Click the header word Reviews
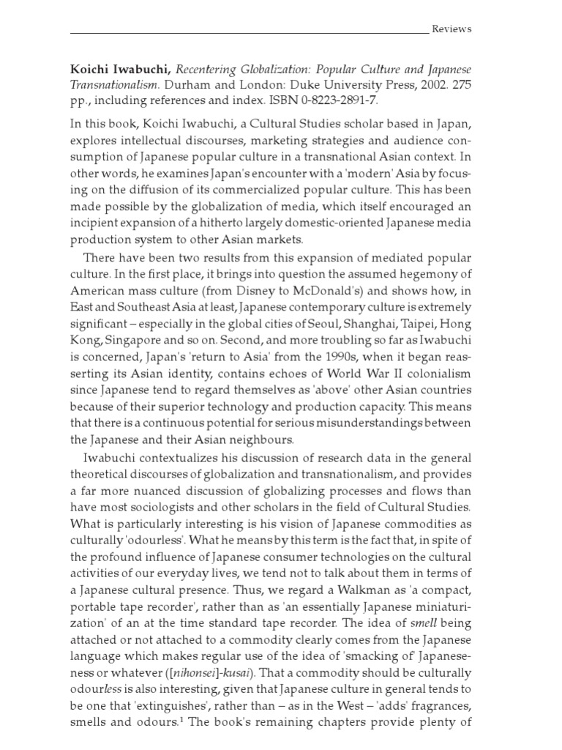[452, 29]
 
